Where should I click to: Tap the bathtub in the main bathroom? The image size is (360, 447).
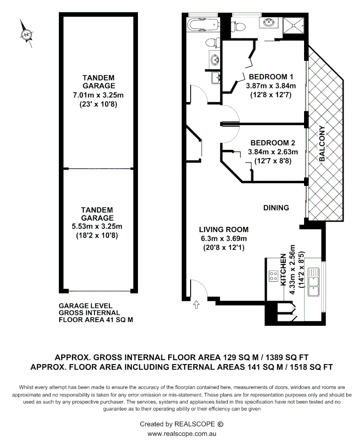(202, 24)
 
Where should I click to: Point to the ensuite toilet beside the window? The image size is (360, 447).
(239, 26)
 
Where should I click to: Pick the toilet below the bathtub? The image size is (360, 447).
(212, 43)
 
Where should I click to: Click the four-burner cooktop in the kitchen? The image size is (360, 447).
(273, 276)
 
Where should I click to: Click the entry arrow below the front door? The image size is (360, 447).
(196, 305)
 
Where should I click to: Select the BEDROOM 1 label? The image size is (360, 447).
(271, 77)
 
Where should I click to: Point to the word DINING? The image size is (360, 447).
(276, 208)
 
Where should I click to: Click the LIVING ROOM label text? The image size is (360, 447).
(223, 229)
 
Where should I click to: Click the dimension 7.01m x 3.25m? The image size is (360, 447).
(98, 96)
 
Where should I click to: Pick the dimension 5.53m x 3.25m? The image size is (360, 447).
(97, 226)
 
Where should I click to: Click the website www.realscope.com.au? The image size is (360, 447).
(182, 434)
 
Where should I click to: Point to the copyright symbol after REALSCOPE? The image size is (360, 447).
(220, 424)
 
